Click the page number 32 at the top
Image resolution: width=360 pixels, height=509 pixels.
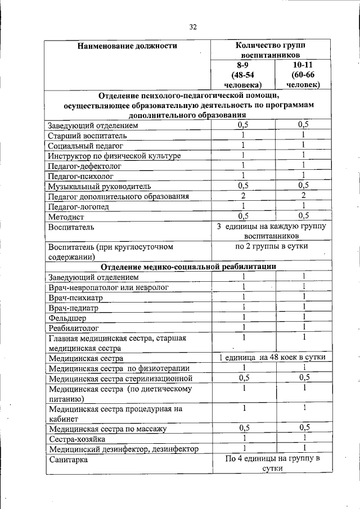(x=193, y=27)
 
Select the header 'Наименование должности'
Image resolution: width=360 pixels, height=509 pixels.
(x=127, y=46)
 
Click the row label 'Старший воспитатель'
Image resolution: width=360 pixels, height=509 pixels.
(x=88, y=136)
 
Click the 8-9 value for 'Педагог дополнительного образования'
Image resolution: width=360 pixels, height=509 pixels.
(x=243, y=196)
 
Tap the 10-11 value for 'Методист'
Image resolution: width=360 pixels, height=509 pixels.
(x=303, y=216)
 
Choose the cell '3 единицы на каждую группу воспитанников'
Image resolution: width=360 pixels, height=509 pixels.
(x=271, y=231)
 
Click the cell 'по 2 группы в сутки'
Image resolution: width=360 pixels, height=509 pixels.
(x=271, y=246)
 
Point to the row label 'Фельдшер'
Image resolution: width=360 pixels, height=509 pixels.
(x=67, y=318)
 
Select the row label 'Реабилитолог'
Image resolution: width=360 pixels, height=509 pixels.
(x=74, y=328)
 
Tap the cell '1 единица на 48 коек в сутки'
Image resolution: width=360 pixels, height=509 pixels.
(x=271, y=358)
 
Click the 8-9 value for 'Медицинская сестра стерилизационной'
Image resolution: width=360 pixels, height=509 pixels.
(x=243, y=378)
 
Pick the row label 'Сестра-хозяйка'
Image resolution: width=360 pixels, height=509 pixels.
(x=76, y=439)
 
